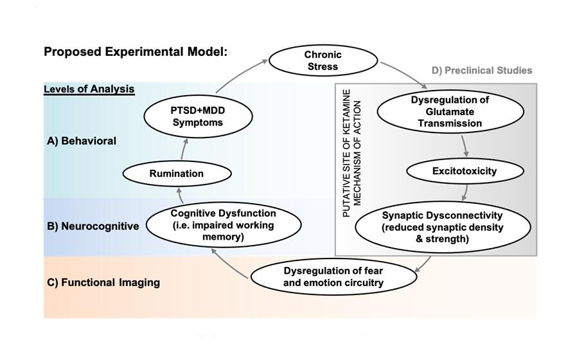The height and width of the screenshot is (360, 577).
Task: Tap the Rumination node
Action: [176, 173]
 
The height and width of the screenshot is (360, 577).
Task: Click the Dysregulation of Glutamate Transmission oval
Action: [449, 111]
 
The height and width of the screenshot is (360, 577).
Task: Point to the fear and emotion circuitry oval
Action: [326, 277]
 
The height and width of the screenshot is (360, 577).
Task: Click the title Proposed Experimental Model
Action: [136, 51]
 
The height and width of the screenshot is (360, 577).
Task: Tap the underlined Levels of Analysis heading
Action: [89, 89]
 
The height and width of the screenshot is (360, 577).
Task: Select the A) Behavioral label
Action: [81, 141]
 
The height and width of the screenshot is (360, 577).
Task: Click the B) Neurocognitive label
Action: [93, 226]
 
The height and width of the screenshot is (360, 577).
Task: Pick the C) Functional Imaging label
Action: [102, 282]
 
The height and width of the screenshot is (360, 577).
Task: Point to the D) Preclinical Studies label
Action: [482, 70]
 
